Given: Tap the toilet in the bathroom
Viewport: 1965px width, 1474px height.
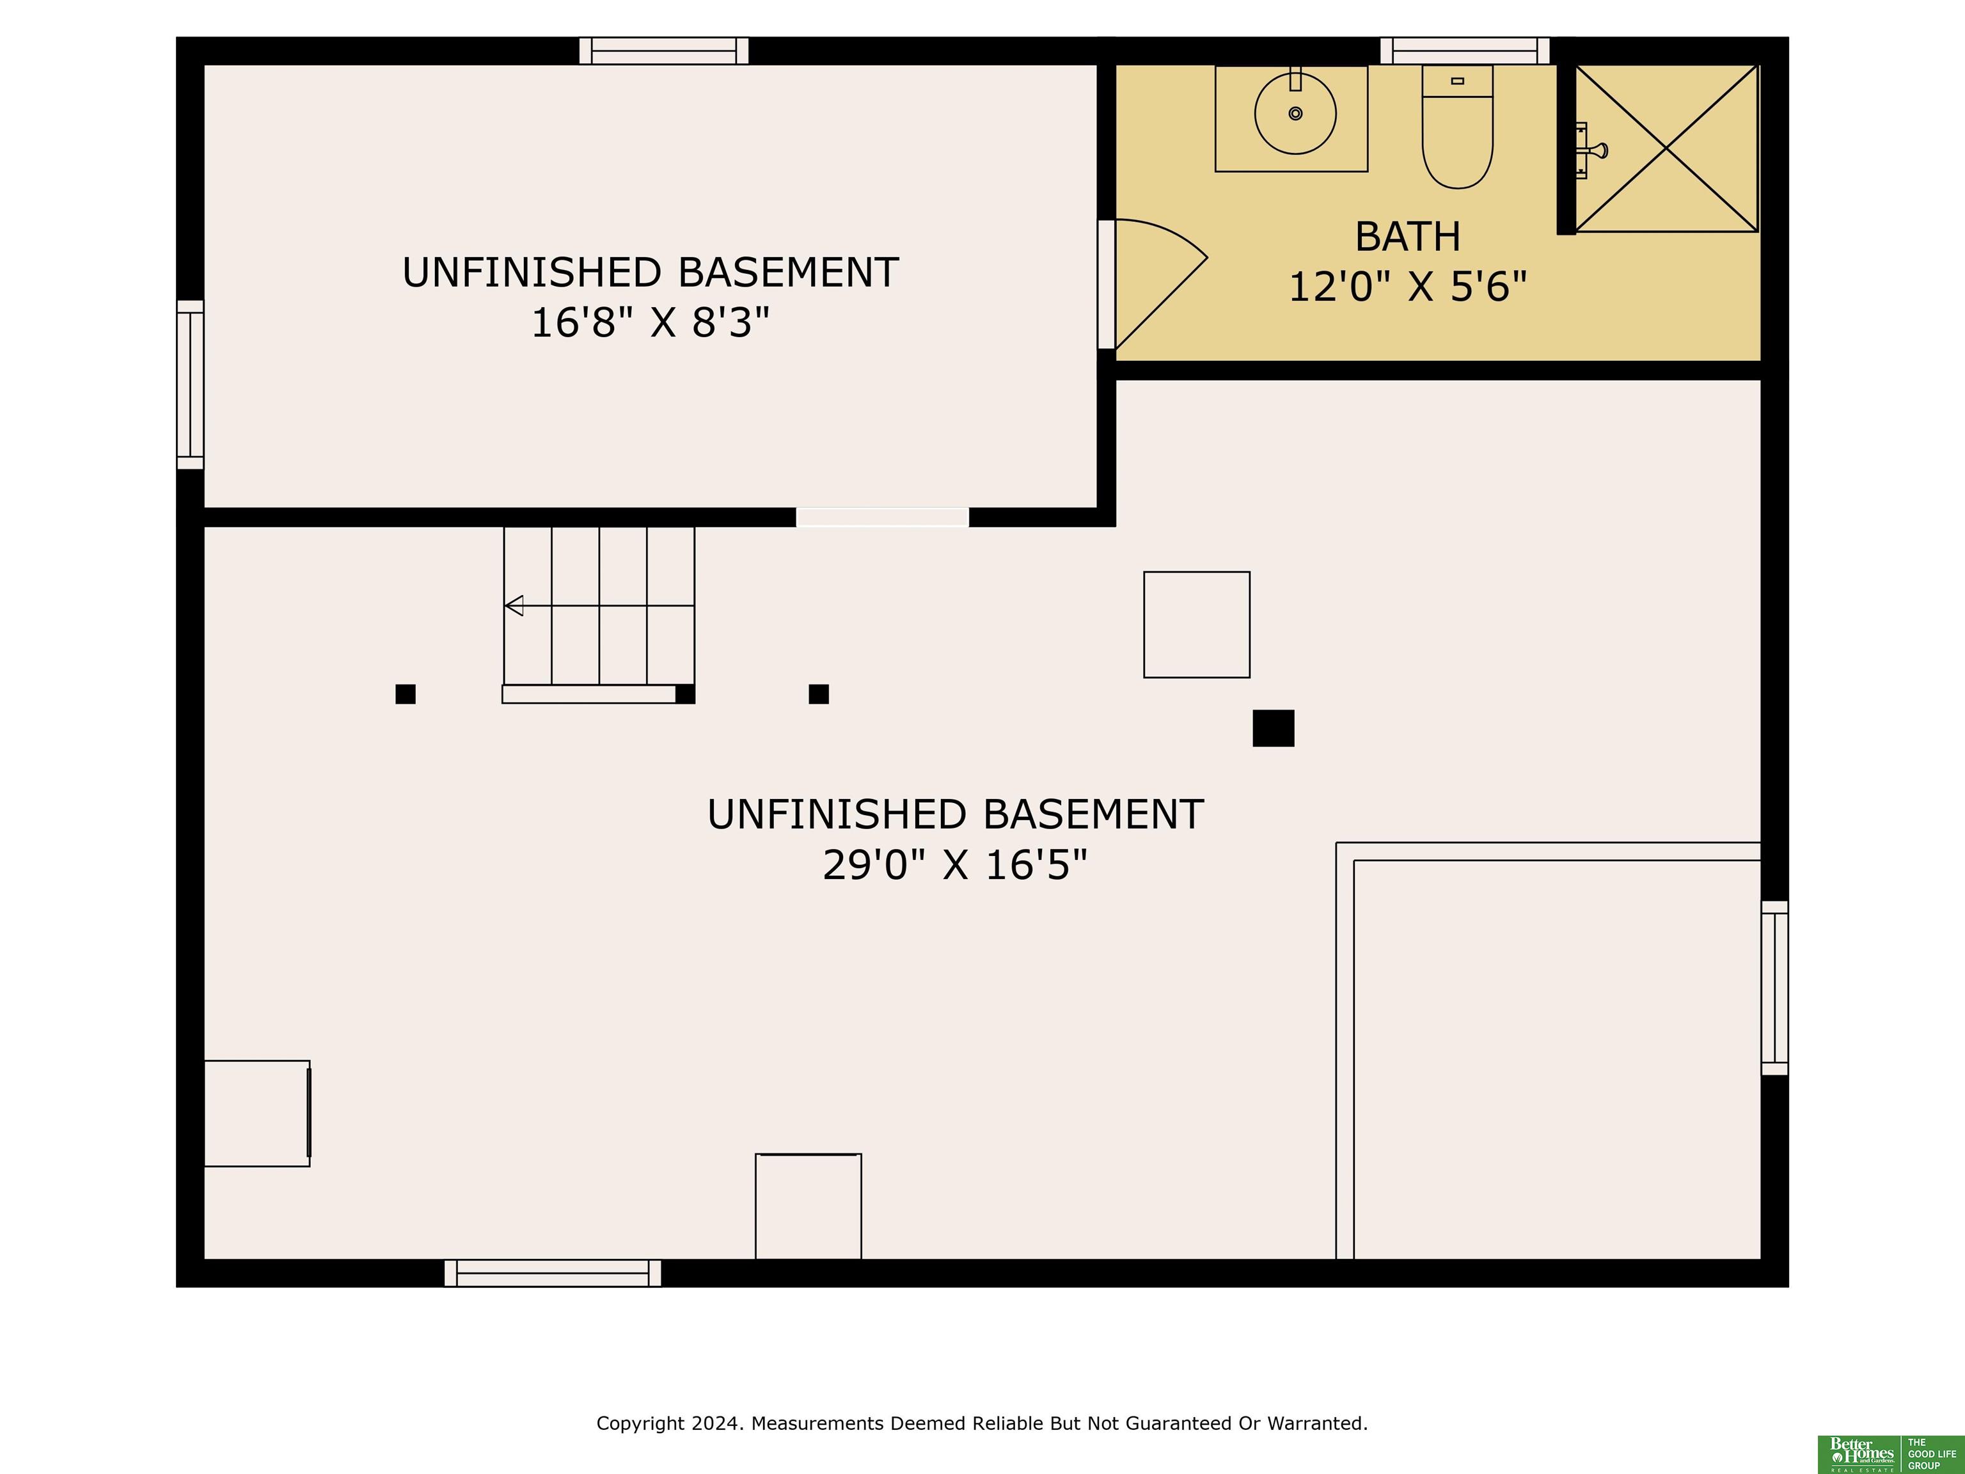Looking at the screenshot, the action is coord(1457,126).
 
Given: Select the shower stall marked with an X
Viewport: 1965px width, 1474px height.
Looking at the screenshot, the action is coord(1666,148).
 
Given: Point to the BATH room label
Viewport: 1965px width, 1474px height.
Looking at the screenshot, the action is coord(1408,236).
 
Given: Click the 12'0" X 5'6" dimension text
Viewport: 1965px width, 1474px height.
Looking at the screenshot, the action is coord(1407,287).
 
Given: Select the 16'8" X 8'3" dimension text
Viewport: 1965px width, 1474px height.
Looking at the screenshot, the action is coord(651,322).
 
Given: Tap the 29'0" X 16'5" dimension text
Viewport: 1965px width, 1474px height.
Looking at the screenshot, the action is coord(955,864).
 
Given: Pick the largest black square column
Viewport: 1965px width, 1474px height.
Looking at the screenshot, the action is coord(1273,727).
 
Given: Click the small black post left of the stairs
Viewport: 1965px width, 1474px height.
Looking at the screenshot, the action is coord(405,694).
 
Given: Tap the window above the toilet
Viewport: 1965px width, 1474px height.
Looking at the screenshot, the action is coord(1465,51).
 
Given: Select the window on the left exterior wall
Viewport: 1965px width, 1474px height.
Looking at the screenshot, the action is coord(190,384).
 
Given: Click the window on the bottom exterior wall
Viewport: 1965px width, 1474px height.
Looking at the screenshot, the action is coord(553,1272).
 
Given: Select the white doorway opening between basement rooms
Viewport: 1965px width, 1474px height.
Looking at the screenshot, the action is coord(882,517).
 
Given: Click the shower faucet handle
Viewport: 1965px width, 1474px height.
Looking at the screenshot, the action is coord(1597,150).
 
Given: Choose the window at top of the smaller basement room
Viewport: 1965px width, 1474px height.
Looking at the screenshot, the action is coord(663,51).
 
